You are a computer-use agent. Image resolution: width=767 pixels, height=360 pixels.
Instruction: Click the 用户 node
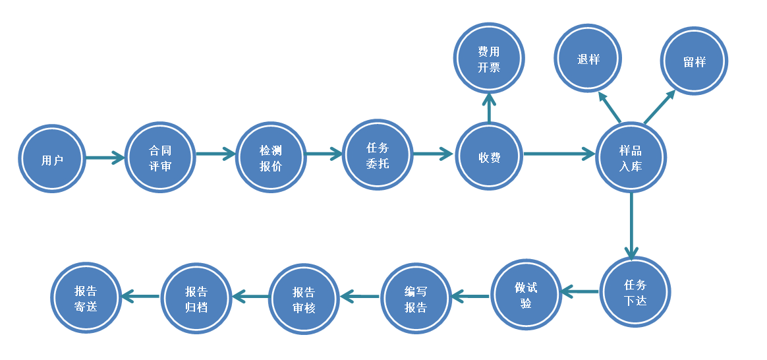(52, 159)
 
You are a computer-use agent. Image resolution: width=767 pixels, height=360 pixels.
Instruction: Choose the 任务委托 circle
(377, 155)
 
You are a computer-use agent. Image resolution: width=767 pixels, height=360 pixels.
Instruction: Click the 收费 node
(489, 156)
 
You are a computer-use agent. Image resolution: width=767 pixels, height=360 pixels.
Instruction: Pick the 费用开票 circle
(489, 58)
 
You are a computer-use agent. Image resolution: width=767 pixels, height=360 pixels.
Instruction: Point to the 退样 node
(588, 59)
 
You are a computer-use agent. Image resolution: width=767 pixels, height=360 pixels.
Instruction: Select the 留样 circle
(695, 61)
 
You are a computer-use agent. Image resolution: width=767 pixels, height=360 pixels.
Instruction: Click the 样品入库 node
(631, 157)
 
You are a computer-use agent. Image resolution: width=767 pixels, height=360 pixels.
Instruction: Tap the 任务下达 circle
(635, 291)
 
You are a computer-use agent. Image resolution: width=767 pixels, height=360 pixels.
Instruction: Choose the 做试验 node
(526, 294)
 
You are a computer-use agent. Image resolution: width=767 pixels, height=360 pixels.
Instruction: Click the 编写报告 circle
(416, 299)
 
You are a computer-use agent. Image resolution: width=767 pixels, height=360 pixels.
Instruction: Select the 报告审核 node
(304, 299)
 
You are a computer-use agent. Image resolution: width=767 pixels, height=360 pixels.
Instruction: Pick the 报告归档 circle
(196, 298)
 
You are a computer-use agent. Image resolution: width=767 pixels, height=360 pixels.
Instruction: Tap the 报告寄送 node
(86, 298)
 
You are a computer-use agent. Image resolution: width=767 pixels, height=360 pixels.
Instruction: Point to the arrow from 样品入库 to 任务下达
(631, 224)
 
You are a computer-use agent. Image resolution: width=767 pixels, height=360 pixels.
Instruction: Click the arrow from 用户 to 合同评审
(105, 158)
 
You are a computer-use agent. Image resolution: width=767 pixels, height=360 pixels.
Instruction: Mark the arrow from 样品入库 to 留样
(659, 107)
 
